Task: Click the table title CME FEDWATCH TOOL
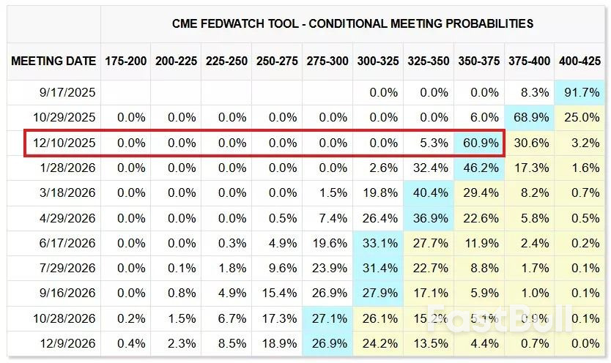pos(352,23)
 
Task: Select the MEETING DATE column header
pos(53,61)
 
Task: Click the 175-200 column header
pos(126,61)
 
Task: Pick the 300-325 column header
pos(379,61)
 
